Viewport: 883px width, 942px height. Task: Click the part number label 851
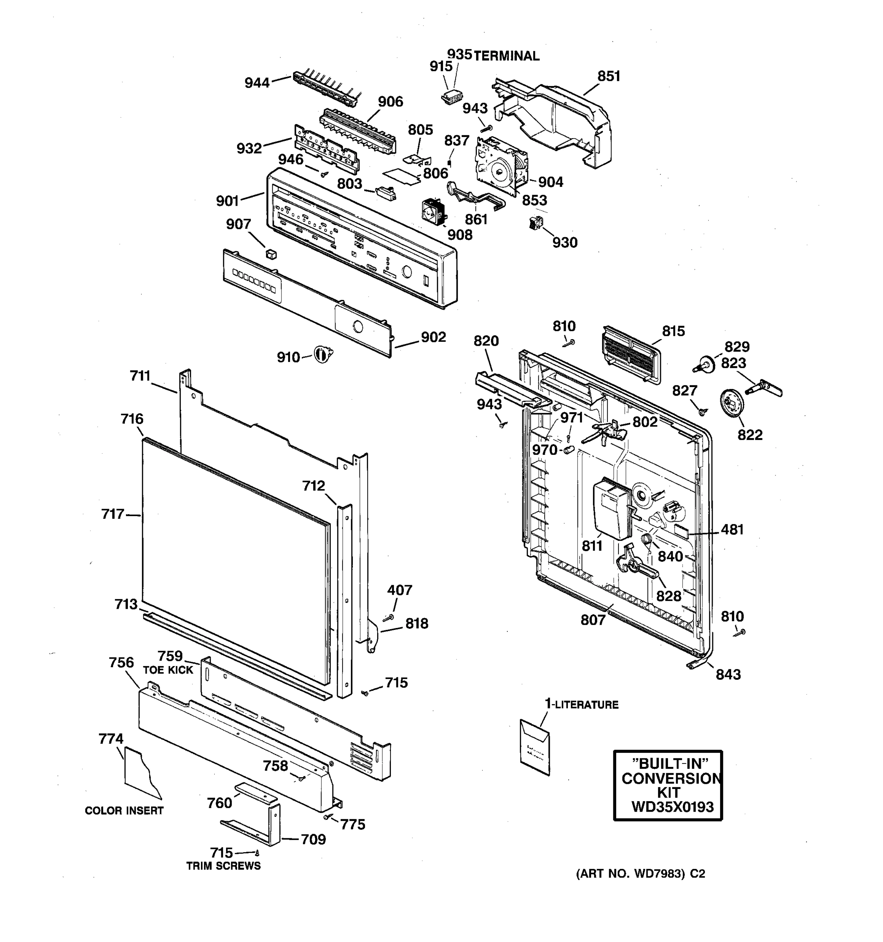tap(608, 76)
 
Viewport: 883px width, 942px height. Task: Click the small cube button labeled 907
tap(271, 254)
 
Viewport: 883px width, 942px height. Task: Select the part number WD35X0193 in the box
tap(672, 807)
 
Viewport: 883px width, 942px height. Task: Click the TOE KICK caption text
tap(168, 670)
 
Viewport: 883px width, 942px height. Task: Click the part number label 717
tap(113, 514)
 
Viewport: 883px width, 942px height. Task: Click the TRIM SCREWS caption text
tap(223, 866)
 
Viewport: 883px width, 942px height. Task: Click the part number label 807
tap(593, 620)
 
